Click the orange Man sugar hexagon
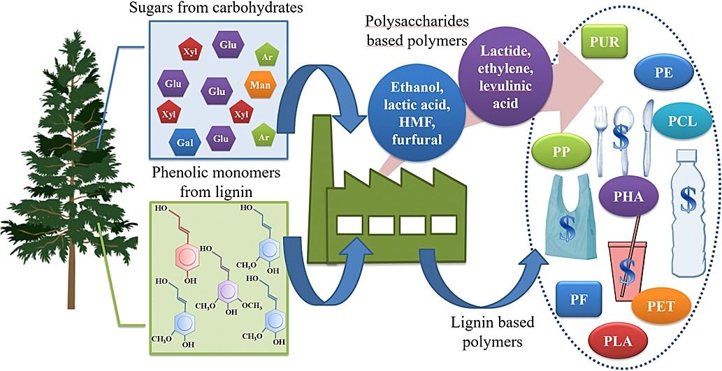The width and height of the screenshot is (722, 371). [x=257, y=89]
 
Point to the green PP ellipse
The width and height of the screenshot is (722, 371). [x=561, y=152]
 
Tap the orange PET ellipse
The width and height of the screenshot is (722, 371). [x=661, y=305]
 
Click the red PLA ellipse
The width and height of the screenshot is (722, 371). [x=619, y=342]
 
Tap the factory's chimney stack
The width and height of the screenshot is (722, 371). [x=322, y=150]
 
